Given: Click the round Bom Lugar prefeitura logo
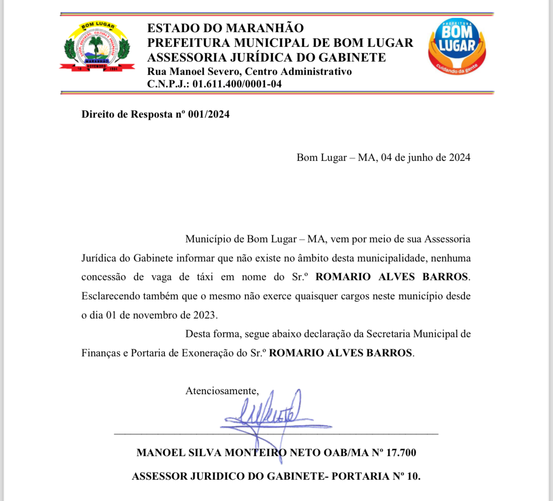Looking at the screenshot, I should (457, 46).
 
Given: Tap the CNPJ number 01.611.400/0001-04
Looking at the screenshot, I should (237, 84).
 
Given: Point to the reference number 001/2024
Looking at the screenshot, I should (209, 114).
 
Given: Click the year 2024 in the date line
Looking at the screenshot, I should (459, 158).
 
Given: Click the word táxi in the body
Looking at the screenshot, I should (205, 277).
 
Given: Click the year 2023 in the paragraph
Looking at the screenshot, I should (204, 315).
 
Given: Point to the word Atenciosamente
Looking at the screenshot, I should (222, 391).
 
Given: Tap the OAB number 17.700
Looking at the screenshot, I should (401, 453).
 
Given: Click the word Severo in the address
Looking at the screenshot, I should (224, 72).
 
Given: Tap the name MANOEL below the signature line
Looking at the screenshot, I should (161, 453).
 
